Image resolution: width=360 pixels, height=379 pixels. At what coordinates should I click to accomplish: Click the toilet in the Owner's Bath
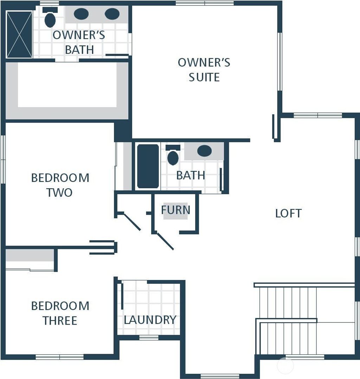point(50,20)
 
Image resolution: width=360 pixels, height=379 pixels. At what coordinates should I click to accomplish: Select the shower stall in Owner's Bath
point(19,34)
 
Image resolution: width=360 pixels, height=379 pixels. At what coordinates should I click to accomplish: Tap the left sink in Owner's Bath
point(81,14)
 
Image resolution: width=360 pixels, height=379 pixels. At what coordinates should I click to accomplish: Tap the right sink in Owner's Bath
point(112,14)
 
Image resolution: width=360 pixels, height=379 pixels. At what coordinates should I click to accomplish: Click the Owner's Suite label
point(204,70)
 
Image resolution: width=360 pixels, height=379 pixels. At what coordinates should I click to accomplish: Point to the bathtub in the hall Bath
point(148,166)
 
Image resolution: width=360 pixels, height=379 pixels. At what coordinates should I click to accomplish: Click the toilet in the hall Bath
point(173,157)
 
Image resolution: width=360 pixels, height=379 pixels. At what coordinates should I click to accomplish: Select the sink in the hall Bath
point(204,151)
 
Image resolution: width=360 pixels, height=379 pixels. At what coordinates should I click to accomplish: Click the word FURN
point(175,210)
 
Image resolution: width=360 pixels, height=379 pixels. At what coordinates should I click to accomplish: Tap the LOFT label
point(288,213)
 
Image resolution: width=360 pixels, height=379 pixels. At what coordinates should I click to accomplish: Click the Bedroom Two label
point(60,185)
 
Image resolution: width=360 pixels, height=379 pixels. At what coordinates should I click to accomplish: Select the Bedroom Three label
point(60,313)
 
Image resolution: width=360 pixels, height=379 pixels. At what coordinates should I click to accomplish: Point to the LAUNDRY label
point(150,320)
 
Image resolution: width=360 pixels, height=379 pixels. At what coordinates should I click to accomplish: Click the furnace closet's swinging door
point(165,241)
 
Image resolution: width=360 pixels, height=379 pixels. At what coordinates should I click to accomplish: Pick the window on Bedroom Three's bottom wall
point(59,357)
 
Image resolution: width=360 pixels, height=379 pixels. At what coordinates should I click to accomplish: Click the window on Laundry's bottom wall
point(149,338)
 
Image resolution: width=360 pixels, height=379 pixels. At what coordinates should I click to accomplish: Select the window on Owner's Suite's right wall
point(280,62)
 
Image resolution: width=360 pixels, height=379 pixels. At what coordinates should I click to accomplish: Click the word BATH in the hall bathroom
point(191,175)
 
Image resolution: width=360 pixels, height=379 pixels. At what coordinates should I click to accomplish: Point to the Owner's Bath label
point(79,42)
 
